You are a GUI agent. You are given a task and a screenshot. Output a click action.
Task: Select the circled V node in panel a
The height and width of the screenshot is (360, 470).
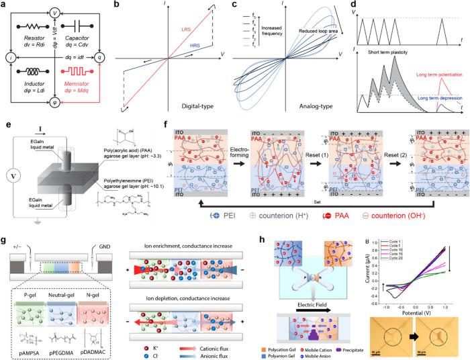(56, 11)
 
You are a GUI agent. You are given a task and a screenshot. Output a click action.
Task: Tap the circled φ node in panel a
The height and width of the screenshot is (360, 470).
(56, 102)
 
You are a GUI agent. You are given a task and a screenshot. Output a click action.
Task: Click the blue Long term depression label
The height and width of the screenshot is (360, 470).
(432, 99)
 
